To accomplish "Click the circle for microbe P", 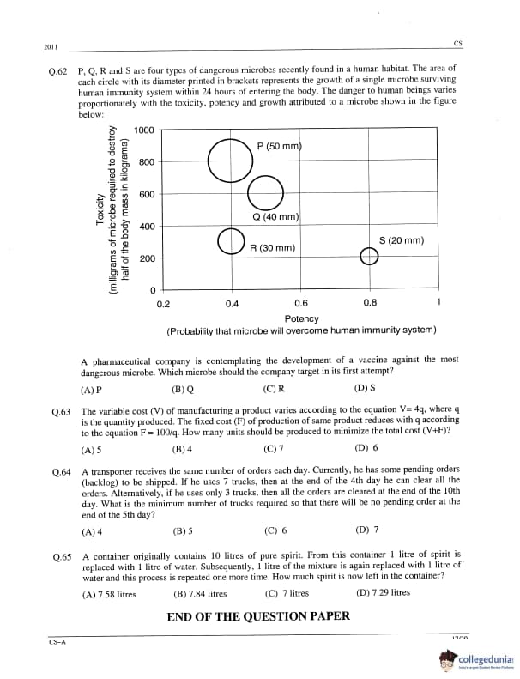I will (230, 161).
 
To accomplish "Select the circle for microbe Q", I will (264, 192).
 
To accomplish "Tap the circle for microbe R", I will (231, 241).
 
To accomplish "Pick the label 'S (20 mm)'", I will (402, 240).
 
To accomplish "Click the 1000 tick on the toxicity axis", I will (143, 130).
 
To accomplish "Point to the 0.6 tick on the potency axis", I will (300, 303).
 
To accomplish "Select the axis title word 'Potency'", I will (301, 318).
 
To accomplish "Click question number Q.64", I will (60, 472).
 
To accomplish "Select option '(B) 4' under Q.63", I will (183, 449).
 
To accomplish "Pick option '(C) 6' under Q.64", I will (275, 530).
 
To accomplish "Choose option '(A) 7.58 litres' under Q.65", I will (109, 593).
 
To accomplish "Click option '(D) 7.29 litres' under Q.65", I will (383, 593).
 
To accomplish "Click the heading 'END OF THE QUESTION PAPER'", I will (257, 615).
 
